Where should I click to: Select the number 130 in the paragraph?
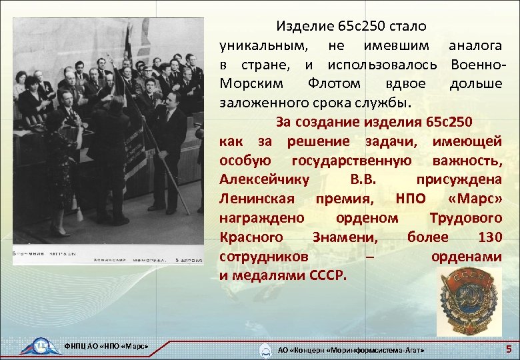point(487,237)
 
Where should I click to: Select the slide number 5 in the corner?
point(509,348)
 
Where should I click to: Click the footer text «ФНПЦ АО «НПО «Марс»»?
point(105,346)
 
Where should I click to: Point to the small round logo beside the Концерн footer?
point(266,349)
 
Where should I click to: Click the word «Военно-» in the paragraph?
point(477,65)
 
